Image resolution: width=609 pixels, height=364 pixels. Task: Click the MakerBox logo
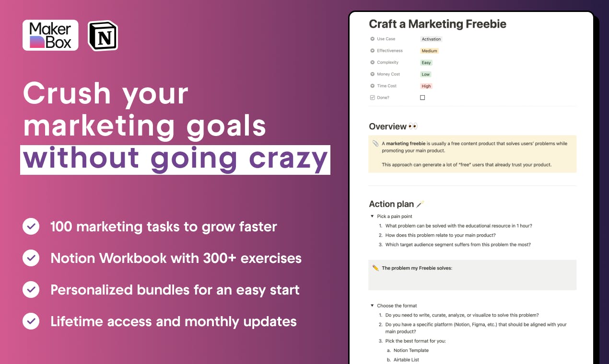pyautogui.click(x=50, y=35)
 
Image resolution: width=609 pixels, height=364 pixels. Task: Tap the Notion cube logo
pyautogui.click(x=103, y=35)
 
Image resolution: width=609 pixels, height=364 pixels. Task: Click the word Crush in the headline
pyautogui.click(x=67, y=93)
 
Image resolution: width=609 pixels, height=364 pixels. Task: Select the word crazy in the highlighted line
pyautogui.click(x=288, y=159)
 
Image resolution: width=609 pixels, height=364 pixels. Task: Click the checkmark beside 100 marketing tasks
pyautogui.click(x=31, y=226)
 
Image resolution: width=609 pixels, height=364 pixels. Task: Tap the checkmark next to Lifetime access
pyautogui.click(x=31, y=321)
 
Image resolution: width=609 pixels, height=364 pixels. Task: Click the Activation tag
pyautogui.click(x=431, y=39)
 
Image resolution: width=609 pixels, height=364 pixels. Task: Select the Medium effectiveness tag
pyautogui.click(x=429, y=51)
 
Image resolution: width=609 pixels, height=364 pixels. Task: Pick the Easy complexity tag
pyautogui.click(x=426, y=62)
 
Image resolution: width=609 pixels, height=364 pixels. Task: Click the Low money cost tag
pyautogui.click(x=425, y=74)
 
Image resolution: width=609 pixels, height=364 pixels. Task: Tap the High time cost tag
pyautogui.click(x=426, y=86)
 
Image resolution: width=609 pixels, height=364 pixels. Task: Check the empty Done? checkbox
pyautogui.click(x=422, y=98)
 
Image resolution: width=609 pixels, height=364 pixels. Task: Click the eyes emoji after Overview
pyautogui.click(x=413, y=126)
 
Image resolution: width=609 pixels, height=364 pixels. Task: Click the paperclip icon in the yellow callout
pyautogui.click(x=375, y=143)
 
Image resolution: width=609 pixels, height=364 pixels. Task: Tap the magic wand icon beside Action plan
pyautogui.click(x=420, y=204)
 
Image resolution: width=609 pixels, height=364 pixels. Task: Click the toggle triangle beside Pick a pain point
pyautogui.click(x=372, y=216)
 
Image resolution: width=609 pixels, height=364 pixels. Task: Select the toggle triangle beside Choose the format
pyautogui.click(x=372, y=306)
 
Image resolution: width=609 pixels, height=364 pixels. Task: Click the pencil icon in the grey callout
pyautogui.click(x=375, y=268)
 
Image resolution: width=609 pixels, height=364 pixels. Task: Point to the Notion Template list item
pyautogui.click(x=411, y=351)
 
